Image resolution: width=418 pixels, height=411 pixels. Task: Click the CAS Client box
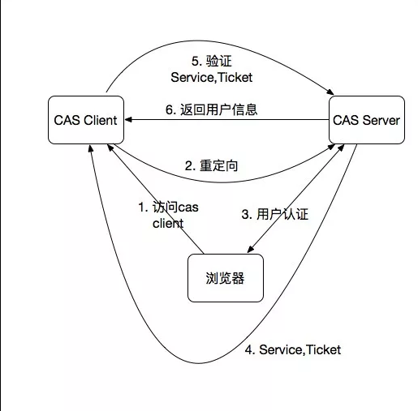click(x=86, y=120)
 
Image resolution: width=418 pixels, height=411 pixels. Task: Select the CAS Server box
click(x=367, y=120)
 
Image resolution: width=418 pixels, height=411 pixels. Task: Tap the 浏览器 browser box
click(x=226, y=278)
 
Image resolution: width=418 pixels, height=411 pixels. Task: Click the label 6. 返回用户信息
click(x=211, y=109)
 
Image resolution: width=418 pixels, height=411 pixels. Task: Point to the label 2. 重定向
click(x=211, y=165)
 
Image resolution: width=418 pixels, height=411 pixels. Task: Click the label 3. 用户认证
click(x=275, y=214)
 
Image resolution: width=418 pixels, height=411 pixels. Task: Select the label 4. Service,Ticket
click(x=293, y=349)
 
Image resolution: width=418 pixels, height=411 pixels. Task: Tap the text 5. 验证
click(x=212, y=61)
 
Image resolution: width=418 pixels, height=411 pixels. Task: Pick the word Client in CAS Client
click(x=101, y=120)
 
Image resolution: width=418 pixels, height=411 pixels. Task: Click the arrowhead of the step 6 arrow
click(x=128, y=119)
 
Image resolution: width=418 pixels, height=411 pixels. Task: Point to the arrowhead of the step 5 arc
click(x=330, y=92)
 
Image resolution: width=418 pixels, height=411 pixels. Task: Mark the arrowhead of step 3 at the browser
click(x=251, y=250)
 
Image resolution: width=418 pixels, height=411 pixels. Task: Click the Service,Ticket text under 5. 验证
click(x=212, y=78)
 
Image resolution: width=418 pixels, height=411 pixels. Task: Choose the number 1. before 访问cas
click(x=143, y=208)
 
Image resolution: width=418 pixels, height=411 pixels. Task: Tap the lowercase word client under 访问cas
click(x=168, y=224)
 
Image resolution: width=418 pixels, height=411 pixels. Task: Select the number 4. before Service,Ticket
click(x=250, y=349)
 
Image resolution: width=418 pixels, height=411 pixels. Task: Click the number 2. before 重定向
click(x=190, y=165)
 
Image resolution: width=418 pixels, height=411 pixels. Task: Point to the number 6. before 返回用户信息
click(x=171, y=109)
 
